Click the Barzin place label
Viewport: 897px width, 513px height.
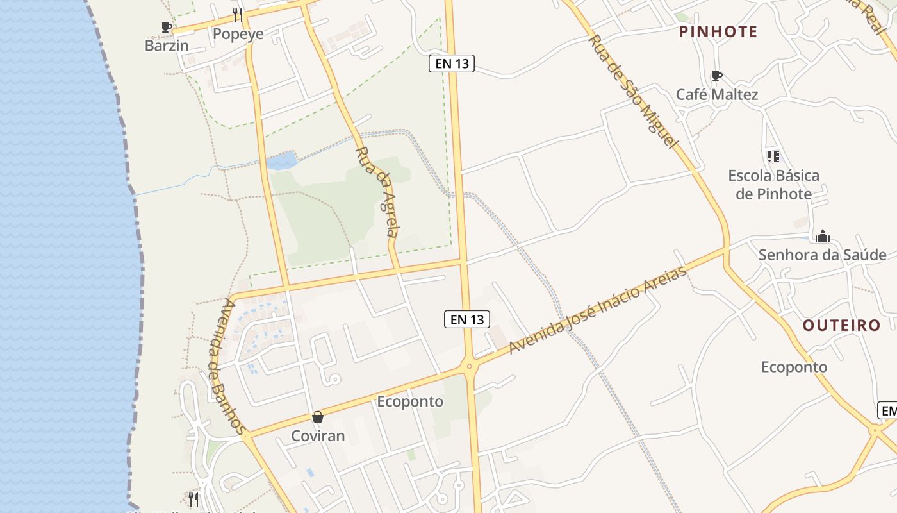[x=167, y=46]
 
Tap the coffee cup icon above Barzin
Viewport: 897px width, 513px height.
[x=167, y=27]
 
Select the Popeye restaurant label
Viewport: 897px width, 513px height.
[x=238, y=34]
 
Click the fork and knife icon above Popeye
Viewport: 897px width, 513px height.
[x=238, y=14]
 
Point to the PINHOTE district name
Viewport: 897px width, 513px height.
[x=718, y=31]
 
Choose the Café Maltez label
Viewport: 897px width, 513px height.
[x=717, y=95]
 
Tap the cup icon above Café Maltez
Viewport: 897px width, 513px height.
[x=717, y=76]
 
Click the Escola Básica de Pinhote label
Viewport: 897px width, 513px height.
[x=773, y=185]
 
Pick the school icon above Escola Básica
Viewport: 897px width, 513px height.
[x=773, y=156]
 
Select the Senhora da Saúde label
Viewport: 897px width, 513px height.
[x=822, y=255]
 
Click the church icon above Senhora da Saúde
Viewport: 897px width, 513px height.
[x=822, y=236]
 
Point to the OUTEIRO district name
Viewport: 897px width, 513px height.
[x=841, y=325]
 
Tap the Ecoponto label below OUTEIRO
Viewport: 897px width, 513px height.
[x=794, y=367]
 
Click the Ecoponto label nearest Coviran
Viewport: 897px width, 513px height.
[x=410, y=401]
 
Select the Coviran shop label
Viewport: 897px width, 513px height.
[x=318, y=436]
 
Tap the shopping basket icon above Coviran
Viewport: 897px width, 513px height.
[x=318, y=417]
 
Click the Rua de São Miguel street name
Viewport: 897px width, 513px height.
[x=632, y=92]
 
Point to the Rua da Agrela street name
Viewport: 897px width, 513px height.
[x=379, y=192]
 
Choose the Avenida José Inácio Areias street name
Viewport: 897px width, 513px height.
[x=597, y=310]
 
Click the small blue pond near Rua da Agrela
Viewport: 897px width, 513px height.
[x=282, y=160]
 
